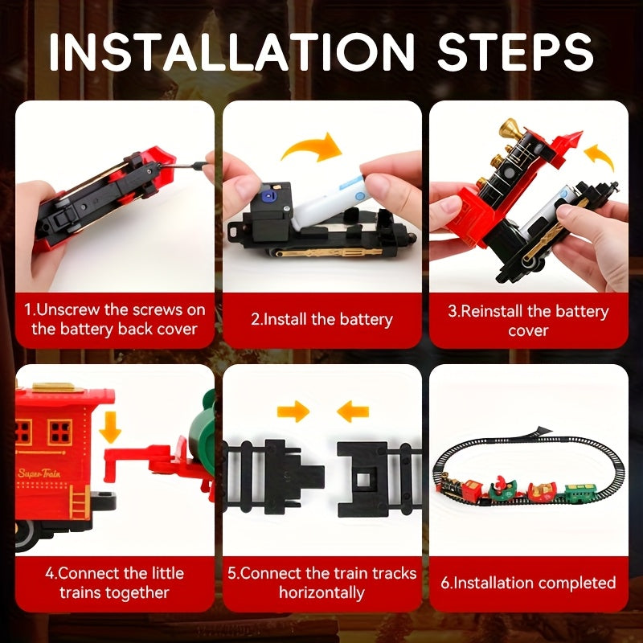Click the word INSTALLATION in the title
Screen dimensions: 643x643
coord(232,51)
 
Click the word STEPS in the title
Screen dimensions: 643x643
coord(515,51)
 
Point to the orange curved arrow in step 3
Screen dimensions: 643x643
coord(599,157)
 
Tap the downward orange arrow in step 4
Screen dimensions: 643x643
coord(110,428)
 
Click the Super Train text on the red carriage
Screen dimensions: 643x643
coord(39,473)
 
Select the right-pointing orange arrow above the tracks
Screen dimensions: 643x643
coord(293,412)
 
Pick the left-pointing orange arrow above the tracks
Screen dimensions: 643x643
coord(353,412)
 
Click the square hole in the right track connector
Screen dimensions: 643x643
coord(363,479)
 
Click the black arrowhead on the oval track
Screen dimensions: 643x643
coord(542,431)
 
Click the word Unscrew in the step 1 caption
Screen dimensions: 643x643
coord(68,309)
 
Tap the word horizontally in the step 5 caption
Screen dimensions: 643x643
coord(322,592)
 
